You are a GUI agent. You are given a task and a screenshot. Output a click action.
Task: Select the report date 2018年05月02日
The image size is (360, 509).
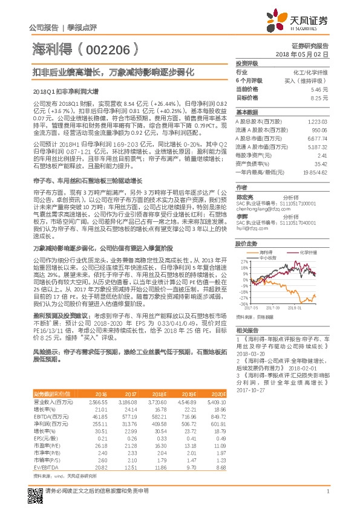pyautogui.click(x=308, y=54)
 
